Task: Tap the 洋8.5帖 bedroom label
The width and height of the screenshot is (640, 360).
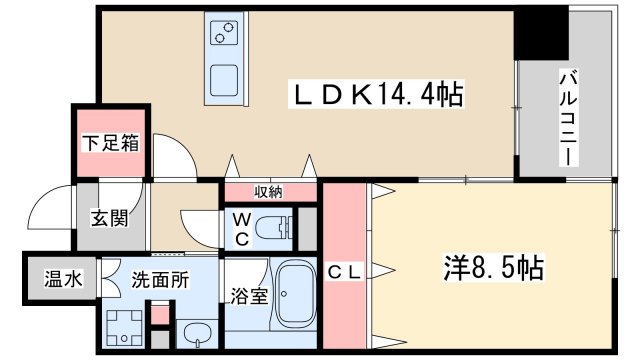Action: [493, 268]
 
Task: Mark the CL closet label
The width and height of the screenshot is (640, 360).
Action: [344, 272]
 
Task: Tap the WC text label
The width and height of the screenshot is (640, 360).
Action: [241, 228]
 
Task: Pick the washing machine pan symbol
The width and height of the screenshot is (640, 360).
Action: [126, 326]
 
